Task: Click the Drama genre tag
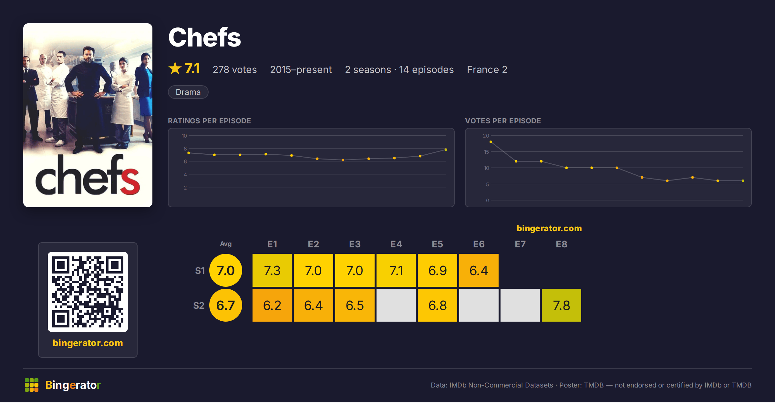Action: tap(188, 92)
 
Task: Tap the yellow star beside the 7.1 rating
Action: tap(175, 68)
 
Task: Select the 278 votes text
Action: tap(235, 69)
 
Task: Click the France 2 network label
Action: tap(487, 69)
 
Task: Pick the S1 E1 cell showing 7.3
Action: tap(272, 270)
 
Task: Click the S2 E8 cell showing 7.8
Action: tap(562, 305)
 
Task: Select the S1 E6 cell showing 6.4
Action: tap(479, 270)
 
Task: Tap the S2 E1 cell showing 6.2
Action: tap(272, 305)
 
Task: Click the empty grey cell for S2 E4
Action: tap(396, 305)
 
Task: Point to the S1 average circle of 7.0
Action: tap(226, 270)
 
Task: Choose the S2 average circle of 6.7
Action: tap(226, 305)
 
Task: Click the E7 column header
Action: tap(520, 244)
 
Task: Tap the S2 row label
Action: tap(199, 305)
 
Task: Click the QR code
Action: tap(88, 292)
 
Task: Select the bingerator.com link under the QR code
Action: tap(88, 343)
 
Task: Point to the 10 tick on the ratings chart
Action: tap(184, 136)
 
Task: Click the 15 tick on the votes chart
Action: tap(486, 152)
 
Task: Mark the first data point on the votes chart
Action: tap(491, 142)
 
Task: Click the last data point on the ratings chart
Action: tap(446, 150)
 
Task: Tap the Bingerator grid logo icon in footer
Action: tap(32, 385)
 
